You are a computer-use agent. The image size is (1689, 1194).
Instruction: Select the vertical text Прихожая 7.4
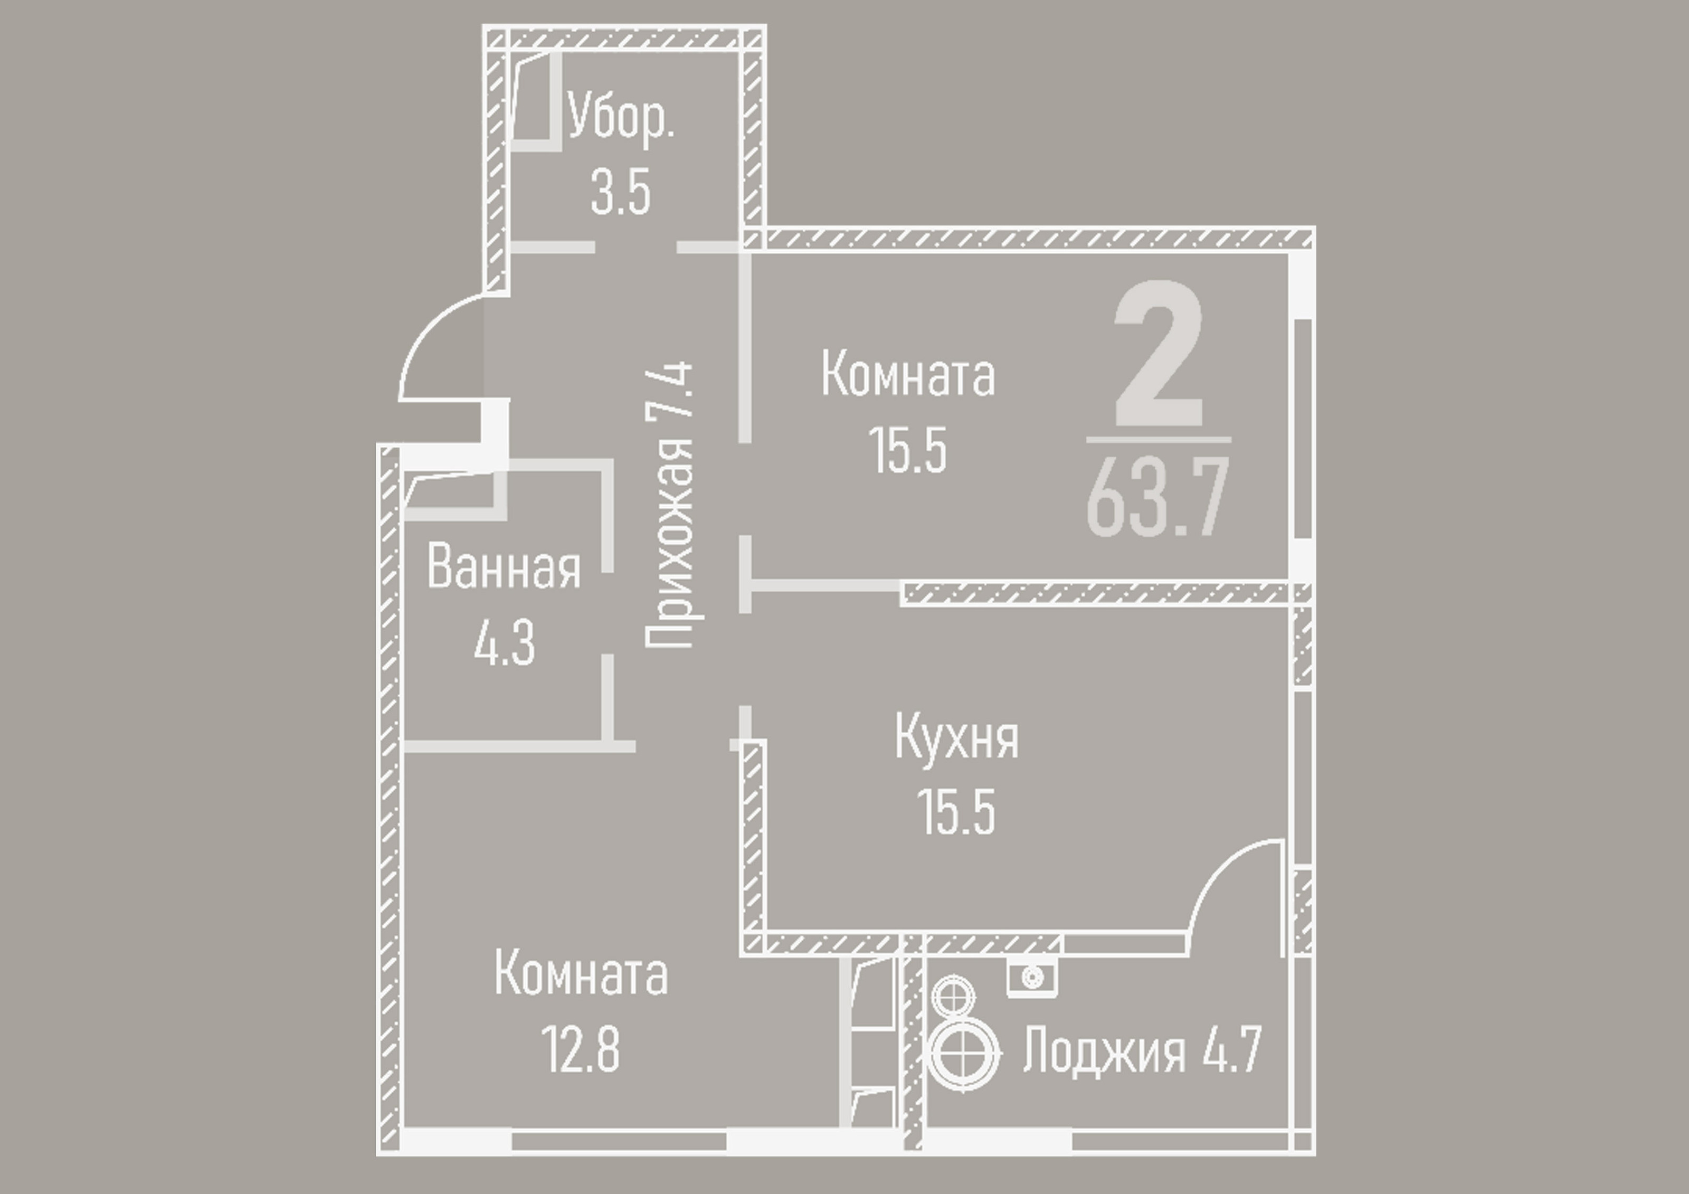point(669,505)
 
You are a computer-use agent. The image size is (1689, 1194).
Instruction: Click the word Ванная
point(504,567)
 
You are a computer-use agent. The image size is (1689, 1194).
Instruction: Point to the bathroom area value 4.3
point(504,642)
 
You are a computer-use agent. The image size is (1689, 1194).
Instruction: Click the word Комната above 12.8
point(581,973)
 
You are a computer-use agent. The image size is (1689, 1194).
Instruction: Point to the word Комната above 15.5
point(908,374)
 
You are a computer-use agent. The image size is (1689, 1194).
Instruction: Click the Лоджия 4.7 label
point(1142,1050)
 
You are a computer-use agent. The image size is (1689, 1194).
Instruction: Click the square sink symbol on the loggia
point(1032,978)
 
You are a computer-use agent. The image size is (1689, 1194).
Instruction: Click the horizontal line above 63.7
point(1159,440)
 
